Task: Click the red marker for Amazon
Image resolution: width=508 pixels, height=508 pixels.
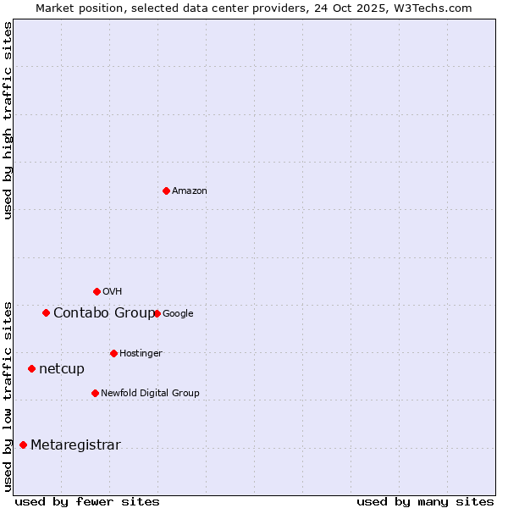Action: coord(166,190)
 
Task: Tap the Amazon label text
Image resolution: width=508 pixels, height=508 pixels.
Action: coord(190,191)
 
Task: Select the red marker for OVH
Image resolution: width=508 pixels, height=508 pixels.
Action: coord(97,291)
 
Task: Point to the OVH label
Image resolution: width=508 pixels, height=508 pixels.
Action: coord(113,292)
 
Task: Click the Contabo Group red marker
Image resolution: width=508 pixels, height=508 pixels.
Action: coord(46,312)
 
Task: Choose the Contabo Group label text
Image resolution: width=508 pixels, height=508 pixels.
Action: coord(103,313)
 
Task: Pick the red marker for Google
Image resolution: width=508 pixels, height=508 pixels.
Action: coord(157,313)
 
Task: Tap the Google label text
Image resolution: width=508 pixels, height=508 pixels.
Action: coord(178,314)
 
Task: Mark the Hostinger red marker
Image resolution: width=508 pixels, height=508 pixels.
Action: coord(113,353)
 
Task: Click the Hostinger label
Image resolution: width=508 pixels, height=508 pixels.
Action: coord(141,354)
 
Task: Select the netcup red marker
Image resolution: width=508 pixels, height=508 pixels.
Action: coord(31,368)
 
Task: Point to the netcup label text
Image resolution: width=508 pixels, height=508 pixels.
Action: coord(62,369)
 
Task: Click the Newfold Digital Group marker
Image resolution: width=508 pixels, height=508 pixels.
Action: coord(95,393)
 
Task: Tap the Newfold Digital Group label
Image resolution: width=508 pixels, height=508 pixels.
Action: coord(150,394)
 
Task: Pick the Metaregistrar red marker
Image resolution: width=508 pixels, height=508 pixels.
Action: coord(23,444)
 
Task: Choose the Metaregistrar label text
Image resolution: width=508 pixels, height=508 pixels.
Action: coord(75,445)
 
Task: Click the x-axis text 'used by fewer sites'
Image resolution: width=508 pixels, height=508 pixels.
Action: coord(87,501)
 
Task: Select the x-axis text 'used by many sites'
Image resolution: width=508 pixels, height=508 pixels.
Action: coord(425,501)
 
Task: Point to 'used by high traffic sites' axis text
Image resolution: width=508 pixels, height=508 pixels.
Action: coord(8,120)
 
